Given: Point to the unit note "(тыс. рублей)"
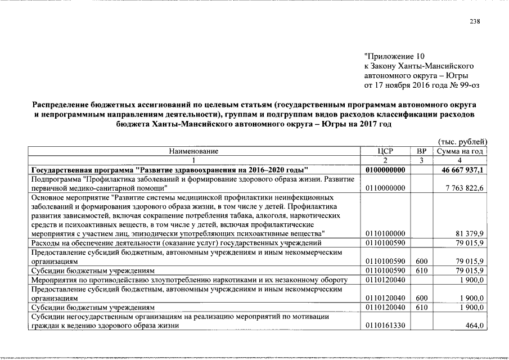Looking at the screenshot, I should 462,142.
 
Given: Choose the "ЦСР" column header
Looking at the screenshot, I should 385,151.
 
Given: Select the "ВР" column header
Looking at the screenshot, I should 422,151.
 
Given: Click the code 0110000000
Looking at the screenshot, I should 385,187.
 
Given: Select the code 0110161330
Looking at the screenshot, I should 385,326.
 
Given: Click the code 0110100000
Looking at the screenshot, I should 385,233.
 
